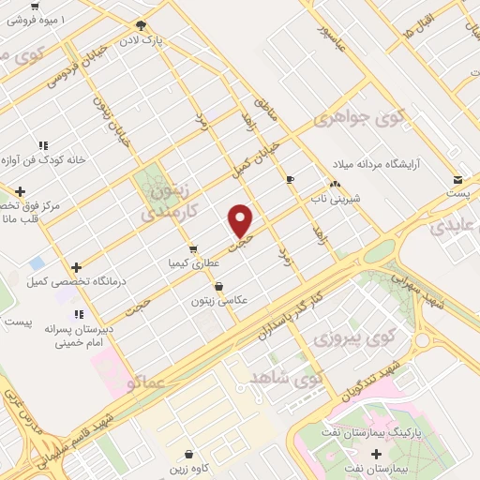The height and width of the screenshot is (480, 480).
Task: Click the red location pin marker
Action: click(x=241, y=221)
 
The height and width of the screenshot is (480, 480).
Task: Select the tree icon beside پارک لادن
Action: click(x=141, y=26)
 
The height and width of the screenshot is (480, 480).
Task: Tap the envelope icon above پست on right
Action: click(x=457, y=179)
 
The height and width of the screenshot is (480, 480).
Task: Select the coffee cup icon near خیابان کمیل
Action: click(x=291, y=179)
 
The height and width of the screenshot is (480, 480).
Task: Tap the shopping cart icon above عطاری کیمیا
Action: click(x=192, y=249)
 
